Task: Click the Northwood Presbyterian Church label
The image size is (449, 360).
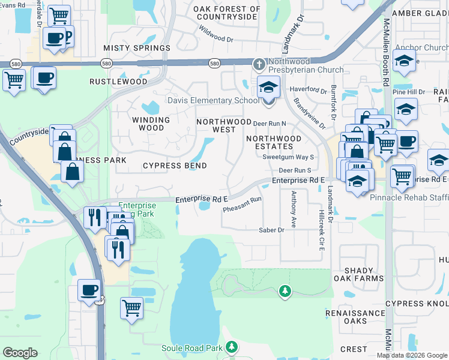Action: pyautogui.click(x=306, y=65)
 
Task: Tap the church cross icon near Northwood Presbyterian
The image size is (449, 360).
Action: pyautogui.click(x=259, y=63)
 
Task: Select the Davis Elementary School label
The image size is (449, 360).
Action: pyautogui.click(x=213, y=100)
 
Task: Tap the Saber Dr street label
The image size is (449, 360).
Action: pyautogui.click(x=271, y=230)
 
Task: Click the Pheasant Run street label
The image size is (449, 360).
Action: pyautogui.click(x=243, y=205)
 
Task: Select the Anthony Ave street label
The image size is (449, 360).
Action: pyautogui.click(x=294, y=209)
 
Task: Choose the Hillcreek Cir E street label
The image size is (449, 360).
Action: pyautogui.click(x=322, y=230)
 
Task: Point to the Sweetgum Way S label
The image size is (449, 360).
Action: pyautogui.click(x=288, y=157)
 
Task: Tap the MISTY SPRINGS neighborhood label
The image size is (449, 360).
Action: pyautogui.click(x=137, y=48)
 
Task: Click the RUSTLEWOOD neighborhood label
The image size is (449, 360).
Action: pyautogui.click(x=118, y=81)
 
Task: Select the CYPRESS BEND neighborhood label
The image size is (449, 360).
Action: pyautogui.click(x=175, y=166)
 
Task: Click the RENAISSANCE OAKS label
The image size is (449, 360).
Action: pyautogui.click(x=355, y=317)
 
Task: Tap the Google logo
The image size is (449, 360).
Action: pyautogui.click(x=20, y=353)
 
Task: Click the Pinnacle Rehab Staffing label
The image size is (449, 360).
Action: pyautogui.click(x=409, y=197)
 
